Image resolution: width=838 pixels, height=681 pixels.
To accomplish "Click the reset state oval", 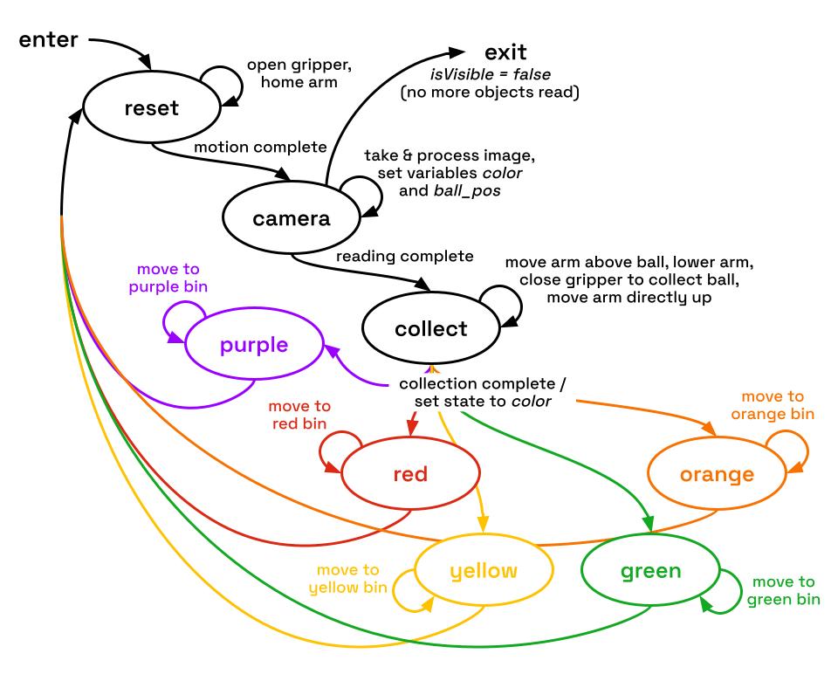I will point(152,108).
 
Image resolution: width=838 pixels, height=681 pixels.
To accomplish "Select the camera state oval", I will point(292,217).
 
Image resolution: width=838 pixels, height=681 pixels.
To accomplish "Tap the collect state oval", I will point(430,329).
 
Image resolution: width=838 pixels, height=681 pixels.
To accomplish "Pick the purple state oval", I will point(254,344).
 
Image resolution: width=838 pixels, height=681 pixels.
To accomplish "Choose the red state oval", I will point(410,474).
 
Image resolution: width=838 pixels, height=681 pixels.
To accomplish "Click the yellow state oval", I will point(483,571).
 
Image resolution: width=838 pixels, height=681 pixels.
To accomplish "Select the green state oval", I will point(650,571).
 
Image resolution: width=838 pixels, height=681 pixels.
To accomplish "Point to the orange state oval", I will point(717,474).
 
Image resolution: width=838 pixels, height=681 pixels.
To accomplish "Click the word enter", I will point(48,39).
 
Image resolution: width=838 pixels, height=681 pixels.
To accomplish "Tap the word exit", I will point(506,53).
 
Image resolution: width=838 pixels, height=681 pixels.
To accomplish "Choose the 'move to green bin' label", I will point(784,590).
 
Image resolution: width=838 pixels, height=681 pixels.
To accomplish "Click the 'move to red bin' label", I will point(299,415).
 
